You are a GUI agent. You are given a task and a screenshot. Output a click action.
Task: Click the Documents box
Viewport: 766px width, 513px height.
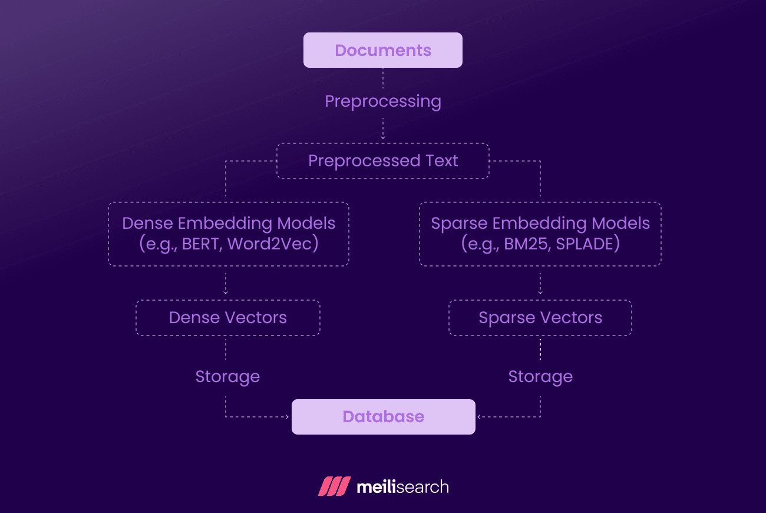(383, 50)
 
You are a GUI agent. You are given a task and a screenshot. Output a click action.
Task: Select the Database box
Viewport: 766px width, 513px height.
(383, 417)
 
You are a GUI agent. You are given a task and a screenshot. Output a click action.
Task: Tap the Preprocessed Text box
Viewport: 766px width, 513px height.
(383, 161)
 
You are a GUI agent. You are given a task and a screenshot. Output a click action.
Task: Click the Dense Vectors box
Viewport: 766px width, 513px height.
(228, 318)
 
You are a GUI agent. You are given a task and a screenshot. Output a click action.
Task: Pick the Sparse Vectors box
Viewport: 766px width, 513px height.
(540, 318)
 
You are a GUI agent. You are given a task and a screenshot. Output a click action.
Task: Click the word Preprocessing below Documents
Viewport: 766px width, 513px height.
(383, 101)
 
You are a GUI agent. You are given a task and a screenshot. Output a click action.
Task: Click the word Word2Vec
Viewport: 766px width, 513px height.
(270, 244)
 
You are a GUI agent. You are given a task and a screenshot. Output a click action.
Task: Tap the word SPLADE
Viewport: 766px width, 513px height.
(586, 244)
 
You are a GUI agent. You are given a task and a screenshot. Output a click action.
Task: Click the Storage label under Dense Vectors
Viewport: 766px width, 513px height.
(227, 377)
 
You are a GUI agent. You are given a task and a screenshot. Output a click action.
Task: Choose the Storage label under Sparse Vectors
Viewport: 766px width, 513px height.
(540, 377)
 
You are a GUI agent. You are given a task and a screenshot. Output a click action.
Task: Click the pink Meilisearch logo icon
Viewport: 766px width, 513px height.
(334, 486)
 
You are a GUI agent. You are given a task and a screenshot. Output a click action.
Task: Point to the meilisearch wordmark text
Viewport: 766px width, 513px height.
(403, 487)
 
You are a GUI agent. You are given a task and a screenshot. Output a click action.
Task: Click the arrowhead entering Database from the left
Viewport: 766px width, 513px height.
(288, 417)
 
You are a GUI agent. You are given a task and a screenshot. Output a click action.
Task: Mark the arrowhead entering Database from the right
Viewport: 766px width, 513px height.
(479, 417)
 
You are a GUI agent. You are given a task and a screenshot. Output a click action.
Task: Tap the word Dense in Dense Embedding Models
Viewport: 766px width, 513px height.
(147, 224)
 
